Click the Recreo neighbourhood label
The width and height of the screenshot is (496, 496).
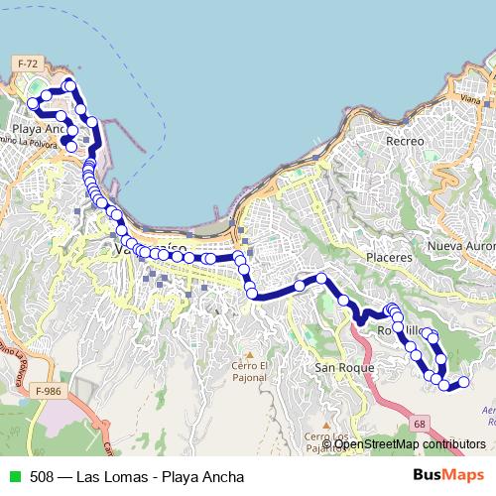(405, 142)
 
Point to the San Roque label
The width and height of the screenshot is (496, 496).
(343, 367)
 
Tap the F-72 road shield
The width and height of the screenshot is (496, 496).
(28, 63)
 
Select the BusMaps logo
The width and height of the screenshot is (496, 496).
(449, 475)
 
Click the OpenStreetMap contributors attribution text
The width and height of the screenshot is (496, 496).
(410, 444)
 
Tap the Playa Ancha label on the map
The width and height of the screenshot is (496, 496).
(39, 129)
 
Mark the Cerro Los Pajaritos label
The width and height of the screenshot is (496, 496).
(327, 442)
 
